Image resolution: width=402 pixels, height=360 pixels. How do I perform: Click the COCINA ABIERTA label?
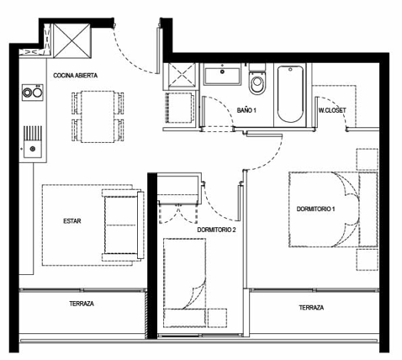(x=76, y=76)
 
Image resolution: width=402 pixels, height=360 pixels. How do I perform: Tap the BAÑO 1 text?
(x=246, y=110)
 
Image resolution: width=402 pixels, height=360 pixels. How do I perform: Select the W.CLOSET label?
(x=332, y=110)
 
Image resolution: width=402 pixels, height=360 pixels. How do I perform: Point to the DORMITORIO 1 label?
(x=315, y=209)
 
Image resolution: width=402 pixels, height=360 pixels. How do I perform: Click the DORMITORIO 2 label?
(x=216, y=230)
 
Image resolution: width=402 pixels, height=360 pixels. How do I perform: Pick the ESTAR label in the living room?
(x=72, y=221)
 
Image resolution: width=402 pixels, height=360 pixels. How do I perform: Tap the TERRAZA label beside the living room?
(x=82, y=304)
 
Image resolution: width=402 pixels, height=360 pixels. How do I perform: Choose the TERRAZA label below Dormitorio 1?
(x=311, y=308)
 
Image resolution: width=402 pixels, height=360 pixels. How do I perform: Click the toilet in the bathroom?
(x=257, y=79)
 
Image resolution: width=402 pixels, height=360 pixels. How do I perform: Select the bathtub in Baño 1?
(x=290, y=94)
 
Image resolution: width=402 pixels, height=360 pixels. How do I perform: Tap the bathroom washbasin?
(x=222, y=74)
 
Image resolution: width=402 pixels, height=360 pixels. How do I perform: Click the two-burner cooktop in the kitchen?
(x=33, y=93)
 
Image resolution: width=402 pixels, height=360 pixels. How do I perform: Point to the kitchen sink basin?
(x=33, y=149)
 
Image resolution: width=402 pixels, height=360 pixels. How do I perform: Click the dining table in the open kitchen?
(x=98, y=117)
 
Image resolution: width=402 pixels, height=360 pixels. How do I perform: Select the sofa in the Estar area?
(x=124, y=225)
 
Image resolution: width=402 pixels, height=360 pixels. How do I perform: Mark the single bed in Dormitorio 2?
(x=185, y=283)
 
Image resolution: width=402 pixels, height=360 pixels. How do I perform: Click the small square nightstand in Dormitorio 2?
(x=217, y=318)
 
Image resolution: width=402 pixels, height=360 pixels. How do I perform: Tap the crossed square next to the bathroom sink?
(x=179, y=77)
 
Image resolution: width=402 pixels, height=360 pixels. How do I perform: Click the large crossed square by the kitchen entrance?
(x=72, y=40)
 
